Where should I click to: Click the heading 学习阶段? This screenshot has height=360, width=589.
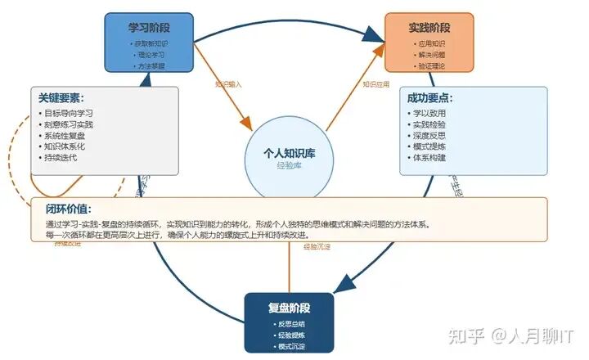pos(148,27)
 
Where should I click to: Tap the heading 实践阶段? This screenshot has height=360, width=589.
pos(429,28)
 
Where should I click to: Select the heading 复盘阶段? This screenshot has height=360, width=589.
pos(289,308)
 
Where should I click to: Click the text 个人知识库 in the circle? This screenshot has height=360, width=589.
pos(289,153)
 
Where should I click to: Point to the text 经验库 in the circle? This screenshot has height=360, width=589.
pos(289,165)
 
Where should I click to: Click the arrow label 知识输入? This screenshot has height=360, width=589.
pos(228,83)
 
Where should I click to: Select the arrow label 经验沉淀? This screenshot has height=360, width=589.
pos(317,245)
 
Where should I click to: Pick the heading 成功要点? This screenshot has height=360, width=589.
pos(429,97)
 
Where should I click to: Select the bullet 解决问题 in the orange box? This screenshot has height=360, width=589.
pos(431,54)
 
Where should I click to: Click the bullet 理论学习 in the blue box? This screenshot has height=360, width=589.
pos(151,54)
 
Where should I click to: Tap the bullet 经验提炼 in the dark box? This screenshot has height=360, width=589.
pos(290,335)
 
